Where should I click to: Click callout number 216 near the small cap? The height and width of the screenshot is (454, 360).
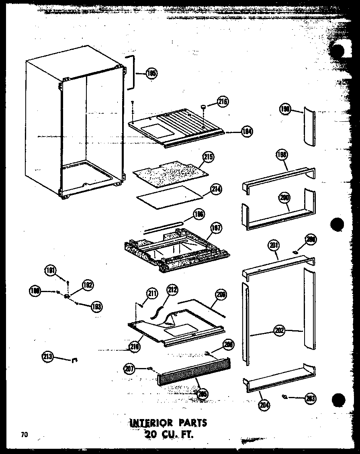(x=223, y=102)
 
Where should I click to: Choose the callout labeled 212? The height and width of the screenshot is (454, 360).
(x=172, y=289)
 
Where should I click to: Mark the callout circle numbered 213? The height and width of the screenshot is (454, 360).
(x=48, y=356)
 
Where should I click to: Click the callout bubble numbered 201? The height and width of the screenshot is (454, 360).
(x=275, y=245)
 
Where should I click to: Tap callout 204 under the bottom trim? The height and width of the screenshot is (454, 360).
(x=264, y=405)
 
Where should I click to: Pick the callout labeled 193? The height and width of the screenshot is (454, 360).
(x=96, y=307)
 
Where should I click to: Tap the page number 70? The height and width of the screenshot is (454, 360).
(x=25, y=434)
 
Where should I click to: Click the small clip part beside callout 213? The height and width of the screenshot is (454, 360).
(x=74, y=360)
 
